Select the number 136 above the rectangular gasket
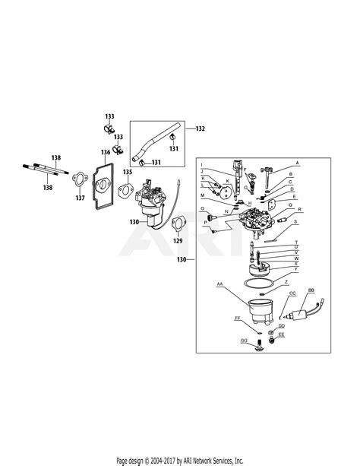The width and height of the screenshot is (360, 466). click(x=106, y=153)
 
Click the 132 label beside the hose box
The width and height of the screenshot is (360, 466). click(x=200, y=128)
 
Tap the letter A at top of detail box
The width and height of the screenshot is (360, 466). click(x=297, y=163)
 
